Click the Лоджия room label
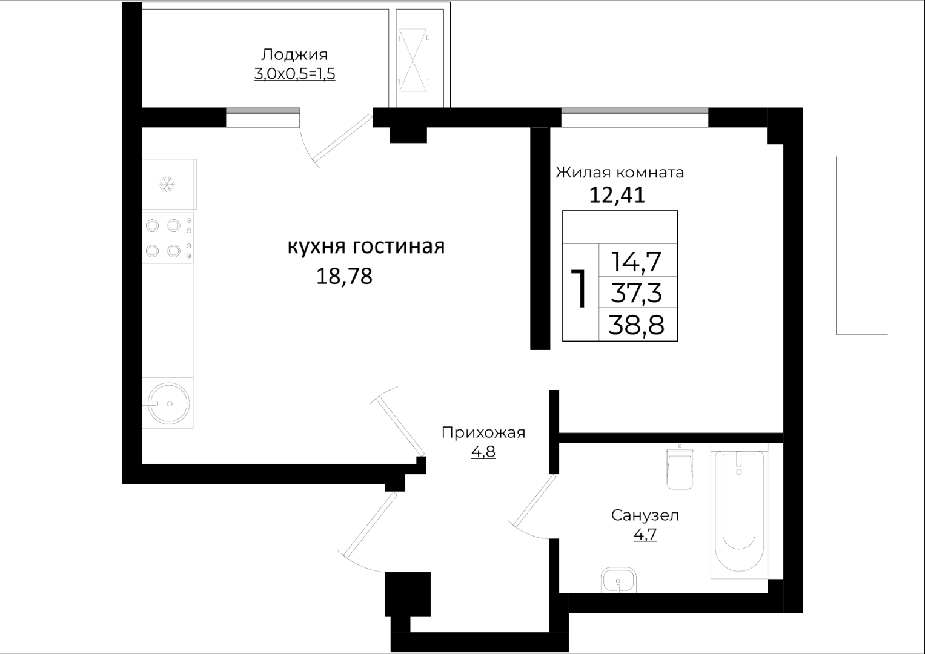point(294,54)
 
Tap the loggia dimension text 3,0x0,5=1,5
point(294,74)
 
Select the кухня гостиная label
point(366,246)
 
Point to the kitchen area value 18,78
point(345,276)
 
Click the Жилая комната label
point(620,172)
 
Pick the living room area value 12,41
point(617,195)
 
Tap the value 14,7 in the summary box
point(636,262)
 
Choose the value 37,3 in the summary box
point(636,292)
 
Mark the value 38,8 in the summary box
point(636,325)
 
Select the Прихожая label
point(483,433)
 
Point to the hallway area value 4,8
point(483,452)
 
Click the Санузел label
point(645,515)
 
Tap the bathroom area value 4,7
point(645,534)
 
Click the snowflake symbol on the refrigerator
point(167,184)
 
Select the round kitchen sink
point(169,403)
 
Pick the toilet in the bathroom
point(680,466)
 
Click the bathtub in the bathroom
point(739,510)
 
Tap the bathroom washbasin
point(618,580)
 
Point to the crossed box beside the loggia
point(413,61)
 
